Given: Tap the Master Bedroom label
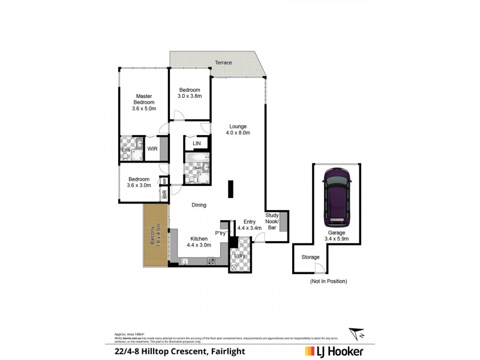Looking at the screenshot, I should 144,103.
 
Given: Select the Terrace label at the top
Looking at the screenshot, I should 223,63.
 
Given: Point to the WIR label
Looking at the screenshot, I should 152,149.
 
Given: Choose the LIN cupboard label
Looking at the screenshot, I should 196,144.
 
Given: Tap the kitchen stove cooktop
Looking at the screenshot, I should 211,261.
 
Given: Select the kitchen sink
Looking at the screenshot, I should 185,261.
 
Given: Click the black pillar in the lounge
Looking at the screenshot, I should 230,189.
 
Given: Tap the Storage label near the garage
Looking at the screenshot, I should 310,257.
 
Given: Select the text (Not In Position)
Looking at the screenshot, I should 328,281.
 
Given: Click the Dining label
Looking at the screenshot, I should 199,205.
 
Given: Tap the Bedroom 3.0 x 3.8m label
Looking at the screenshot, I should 190,93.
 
